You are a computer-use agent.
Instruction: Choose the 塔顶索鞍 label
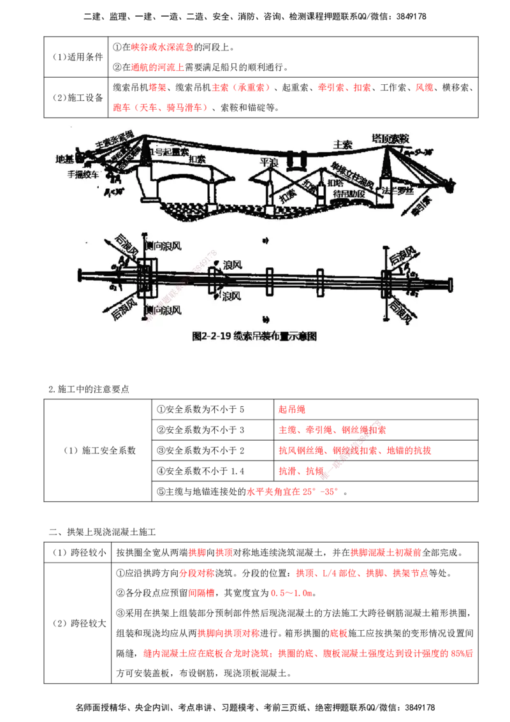coord(390,138)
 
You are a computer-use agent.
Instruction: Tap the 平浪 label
coord(270,163)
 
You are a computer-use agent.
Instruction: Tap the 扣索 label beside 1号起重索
coord(198,159)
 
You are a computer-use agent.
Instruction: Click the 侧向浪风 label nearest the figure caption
coord(162,310)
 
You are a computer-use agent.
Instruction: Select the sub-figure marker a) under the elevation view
coord(264,240)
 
